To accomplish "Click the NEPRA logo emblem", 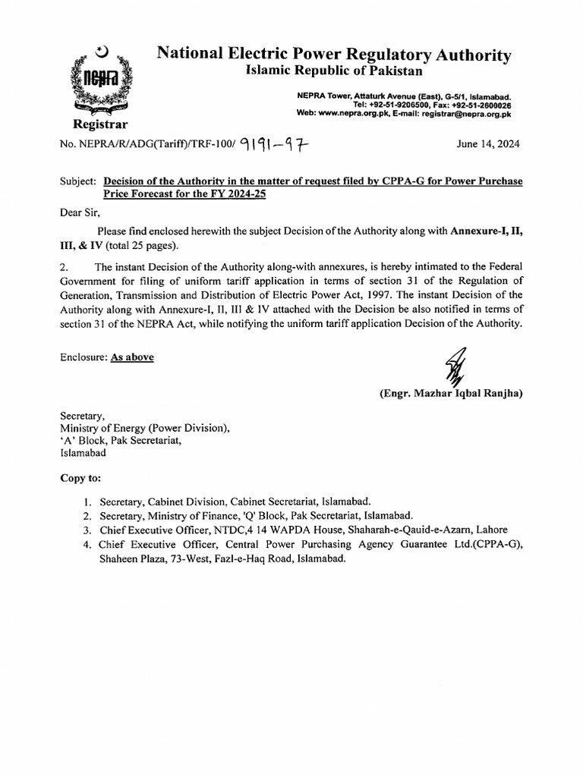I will (x=99, y=79).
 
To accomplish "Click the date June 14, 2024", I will (x=488, y=145).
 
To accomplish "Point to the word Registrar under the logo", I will (x=99, y=124).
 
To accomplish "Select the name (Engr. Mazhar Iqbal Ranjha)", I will (x=451, y=393).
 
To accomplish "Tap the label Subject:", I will (x=78, y=182).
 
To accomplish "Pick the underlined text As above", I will (x=132, y=356).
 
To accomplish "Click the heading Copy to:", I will (x=80, y=479).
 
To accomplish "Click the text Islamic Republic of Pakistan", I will (x=333, y=71).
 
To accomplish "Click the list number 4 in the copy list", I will (x=88, y=544).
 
